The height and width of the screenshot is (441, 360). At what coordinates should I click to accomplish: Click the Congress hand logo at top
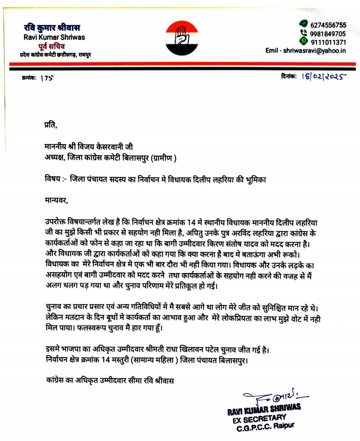tap(182, 37)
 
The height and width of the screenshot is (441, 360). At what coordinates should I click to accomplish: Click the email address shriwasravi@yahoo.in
tap(314, 51)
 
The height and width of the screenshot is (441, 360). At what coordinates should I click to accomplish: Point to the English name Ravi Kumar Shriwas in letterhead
tap(54, 37)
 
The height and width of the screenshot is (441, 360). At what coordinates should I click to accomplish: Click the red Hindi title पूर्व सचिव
tap(51, 46)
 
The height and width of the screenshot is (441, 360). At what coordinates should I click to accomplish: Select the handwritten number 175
tap(47, 78)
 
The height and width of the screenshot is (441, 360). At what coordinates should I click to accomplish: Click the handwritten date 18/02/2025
tap(324, 76)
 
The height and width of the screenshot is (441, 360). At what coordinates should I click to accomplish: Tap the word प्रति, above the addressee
tap(51, 125)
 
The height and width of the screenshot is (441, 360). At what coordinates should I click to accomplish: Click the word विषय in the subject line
tap(53, 179)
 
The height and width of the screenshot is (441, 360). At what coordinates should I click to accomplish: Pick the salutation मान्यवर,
tap(56, 200)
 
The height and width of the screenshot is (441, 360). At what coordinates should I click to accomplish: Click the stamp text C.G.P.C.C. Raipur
tap(265, 427)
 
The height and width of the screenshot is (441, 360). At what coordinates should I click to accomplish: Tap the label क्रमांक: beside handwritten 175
tap(29, 78)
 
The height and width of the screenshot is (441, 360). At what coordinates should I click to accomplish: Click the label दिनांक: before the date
tap(289, 76)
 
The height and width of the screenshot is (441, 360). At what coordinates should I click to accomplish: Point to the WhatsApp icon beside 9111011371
tap(303, 41)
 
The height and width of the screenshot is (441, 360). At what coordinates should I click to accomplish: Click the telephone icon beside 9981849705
tap(304, 33)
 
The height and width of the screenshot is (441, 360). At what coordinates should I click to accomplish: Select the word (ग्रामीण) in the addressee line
tap(164, 158)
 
